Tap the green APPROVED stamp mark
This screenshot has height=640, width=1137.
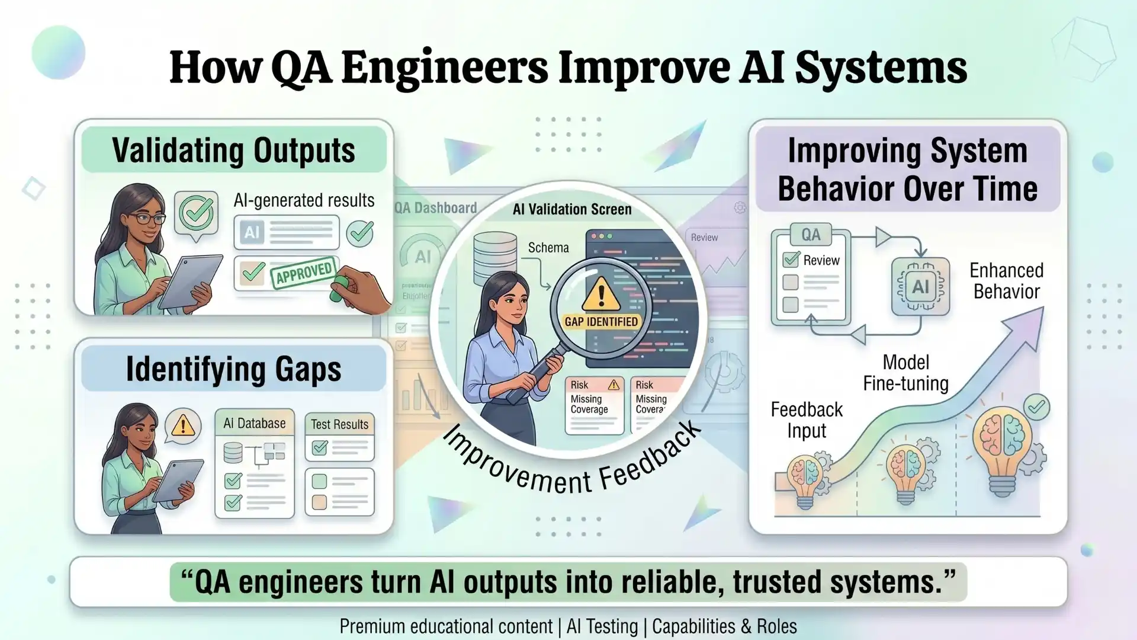tap(304, 273)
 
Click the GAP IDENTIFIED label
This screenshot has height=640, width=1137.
tap(601, 322)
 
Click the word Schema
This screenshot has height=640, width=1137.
tap(548, 248)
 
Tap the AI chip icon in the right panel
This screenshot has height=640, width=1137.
tap(920, 287)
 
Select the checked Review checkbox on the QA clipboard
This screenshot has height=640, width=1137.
tap(791, 260)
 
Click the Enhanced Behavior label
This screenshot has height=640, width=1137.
tap(1006, 281)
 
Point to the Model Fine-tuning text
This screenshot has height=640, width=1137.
tap(905, 373)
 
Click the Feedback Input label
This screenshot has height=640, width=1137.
tap(807, 420)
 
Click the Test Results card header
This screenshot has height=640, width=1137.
tap(339, 424)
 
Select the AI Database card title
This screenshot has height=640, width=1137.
tap(254, 423)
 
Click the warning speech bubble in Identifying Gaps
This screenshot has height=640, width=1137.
tap(183, 425)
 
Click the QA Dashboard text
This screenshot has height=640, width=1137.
tap(435, 208)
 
